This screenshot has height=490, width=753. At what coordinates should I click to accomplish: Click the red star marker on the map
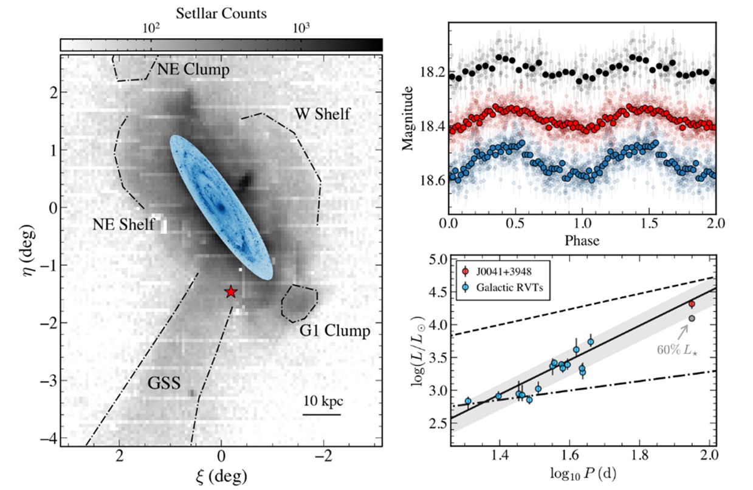click(230, 292)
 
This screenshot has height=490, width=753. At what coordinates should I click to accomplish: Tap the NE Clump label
click(193, 70)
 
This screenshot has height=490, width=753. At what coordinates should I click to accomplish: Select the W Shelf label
click(322, 114)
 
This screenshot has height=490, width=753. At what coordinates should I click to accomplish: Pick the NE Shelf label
click(124, 223)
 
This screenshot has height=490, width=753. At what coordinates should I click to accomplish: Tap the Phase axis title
click(582, 240)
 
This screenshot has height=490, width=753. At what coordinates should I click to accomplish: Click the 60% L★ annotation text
click(677, 350)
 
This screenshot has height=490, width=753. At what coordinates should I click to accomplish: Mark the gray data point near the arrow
click(692, 318)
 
